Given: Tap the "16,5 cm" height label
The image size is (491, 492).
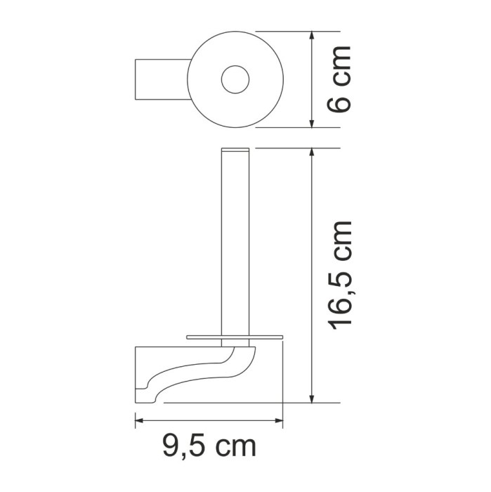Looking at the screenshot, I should click(x=341, y=274).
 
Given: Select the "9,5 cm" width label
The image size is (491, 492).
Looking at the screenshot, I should click(x=208, y=445).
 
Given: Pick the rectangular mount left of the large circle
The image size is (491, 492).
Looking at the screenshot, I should click(x=160, y=79).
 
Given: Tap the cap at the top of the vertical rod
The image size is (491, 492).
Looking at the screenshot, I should click(x=235, y=151).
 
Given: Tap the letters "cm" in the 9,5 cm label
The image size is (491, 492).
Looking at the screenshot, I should click(x=233, y=445).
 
